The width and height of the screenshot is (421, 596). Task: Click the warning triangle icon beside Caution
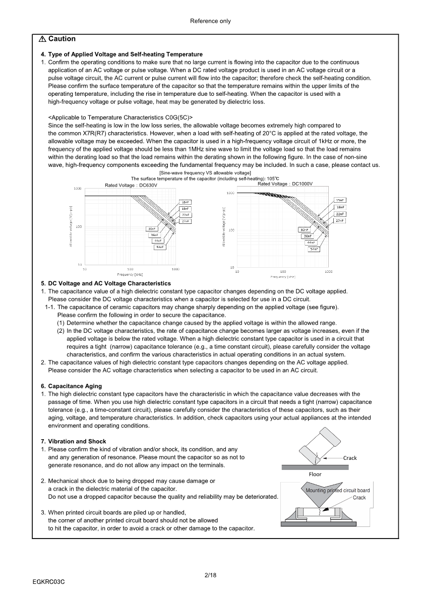click(x=42, y=39)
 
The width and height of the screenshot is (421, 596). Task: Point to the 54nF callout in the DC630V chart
click(x=160, y=247)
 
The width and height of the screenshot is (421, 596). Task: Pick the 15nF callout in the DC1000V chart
click(x=340, y=200)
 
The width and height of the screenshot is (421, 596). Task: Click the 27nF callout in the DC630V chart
click(x=185, y=221)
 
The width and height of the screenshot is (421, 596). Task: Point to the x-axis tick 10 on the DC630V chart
click(x=84, y=269)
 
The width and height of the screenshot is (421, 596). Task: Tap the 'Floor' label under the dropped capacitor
click(x=315, y=474)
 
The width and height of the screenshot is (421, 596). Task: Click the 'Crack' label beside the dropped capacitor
click(x=350, y=458)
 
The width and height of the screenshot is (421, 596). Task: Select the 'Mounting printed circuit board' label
click(x=337, y=490)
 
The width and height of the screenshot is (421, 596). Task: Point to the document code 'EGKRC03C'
click(x=49, y=581)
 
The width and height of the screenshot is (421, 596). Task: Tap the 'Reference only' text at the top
click(x=210, y=21)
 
